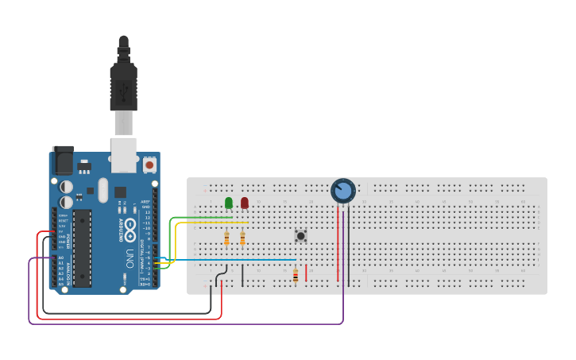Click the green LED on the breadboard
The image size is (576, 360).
[x=229, y=203]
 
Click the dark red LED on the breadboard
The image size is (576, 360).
[x=245, y=203]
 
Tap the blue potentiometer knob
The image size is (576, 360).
[x=342, y=191]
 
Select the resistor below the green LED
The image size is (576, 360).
[x=226, y=238]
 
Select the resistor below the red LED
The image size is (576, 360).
[x=242, y=238]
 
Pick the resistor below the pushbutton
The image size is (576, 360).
[x=296, y=276]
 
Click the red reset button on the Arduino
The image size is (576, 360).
[x=149, y=165]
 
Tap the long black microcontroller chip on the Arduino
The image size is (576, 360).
[x=82, y=248]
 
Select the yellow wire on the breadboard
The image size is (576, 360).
[x=203, y=223]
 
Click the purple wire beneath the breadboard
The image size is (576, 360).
[x=183, y=323]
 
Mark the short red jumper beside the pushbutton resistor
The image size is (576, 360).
[x=306, y=273]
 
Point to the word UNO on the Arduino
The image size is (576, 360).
[x=129, y=258]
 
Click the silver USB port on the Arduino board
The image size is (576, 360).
[x=122, y=155]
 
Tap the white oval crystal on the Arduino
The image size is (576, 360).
[x=102, y=189]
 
